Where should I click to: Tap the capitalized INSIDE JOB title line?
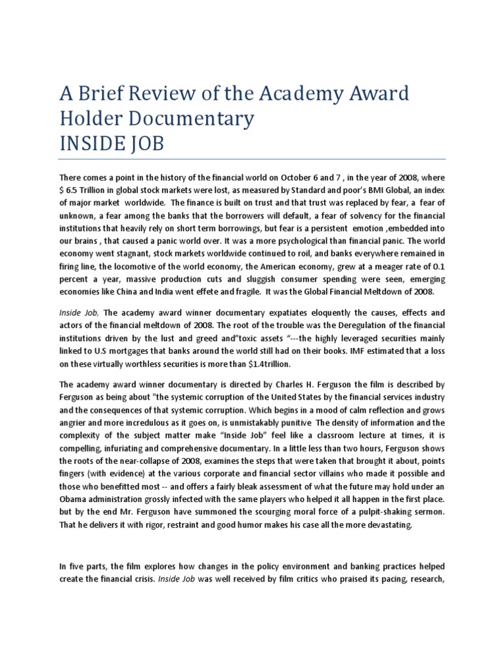[x=112, y=142]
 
